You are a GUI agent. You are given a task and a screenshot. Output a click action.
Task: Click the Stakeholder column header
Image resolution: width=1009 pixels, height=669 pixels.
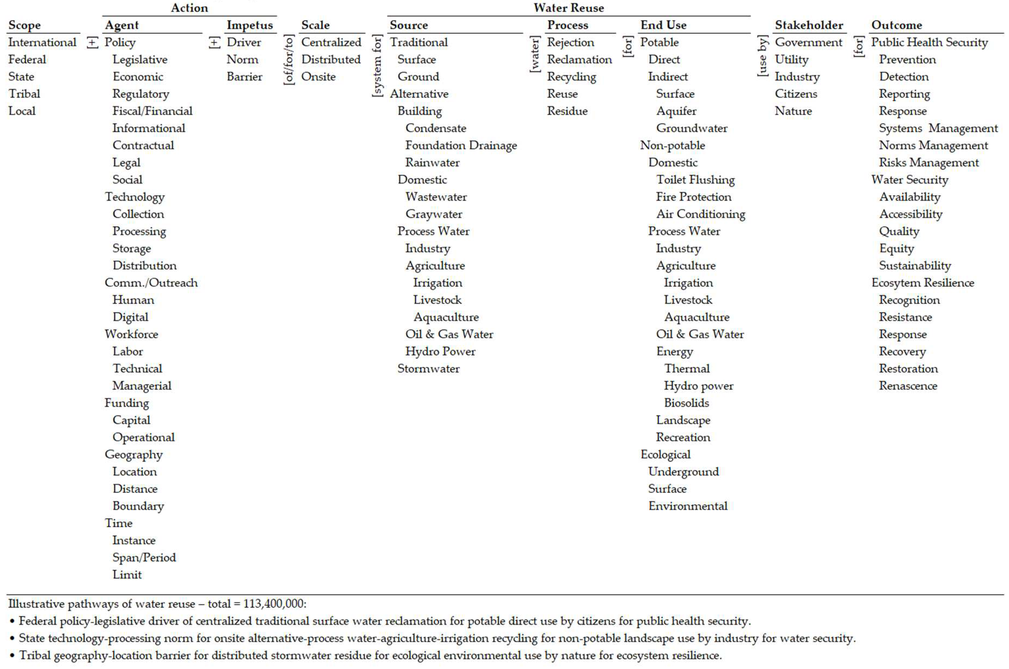(x=809, y=25)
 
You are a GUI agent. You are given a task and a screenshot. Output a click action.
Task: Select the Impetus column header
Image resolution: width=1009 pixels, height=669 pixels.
(x=250, y=25)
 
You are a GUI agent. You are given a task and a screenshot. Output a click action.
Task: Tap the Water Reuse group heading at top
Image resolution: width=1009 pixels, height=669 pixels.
(x=568, y=8)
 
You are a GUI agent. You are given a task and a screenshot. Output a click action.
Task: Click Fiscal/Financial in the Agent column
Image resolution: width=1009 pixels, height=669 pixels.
(x=152, y=111)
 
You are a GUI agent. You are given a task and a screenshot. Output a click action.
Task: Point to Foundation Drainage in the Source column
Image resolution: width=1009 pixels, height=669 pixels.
(x=461, y=145)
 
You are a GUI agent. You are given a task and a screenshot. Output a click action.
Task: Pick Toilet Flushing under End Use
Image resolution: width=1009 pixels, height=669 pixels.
(x=695, y=180)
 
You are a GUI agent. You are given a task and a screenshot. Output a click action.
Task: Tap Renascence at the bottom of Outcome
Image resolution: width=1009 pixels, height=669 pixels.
(x=908, y=386)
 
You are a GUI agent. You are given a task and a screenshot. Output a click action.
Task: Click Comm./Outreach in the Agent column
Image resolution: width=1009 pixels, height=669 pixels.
(x=151, y=283)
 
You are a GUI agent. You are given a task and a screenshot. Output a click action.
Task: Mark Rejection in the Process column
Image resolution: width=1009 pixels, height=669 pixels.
(x=570, y=42)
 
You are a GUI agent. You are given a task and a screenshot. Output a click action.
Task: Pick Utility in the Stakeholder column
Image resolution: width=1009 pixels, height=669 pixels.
(x=791, y=59)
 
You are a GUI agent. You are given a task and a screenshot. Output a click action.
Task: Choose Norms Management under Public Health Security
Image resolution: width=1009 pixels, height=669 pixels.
(x=933, y=145)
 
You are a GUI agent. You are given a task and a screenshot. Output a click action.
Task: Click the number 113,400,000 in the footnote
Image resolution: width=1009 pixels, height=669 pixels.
(x=274, y=604)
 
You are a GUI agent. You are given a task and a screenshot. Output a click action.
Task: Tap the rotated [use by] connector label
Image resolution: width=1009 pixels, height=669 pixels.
(x=763, y=56)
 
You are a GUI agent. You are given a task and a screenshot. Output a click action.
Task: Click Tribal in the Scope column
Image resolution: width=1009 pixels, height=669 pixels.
(x=24, y=94)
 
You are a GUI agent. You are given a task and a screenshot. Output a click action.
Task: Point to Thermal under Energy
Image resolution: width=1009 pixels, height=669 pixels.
(x=686, y=369)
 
